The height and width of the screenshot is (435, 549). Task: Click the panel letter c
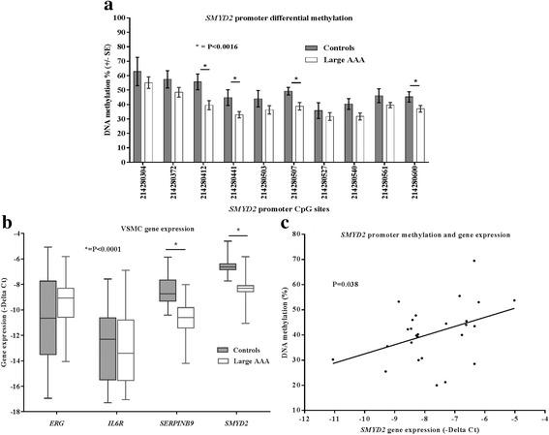(283, 251)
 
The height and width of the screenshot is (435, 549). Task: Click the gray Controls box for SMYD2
(228, 266)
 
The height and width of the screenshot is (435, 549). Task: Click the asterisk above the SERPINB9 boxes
(174, 244)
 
